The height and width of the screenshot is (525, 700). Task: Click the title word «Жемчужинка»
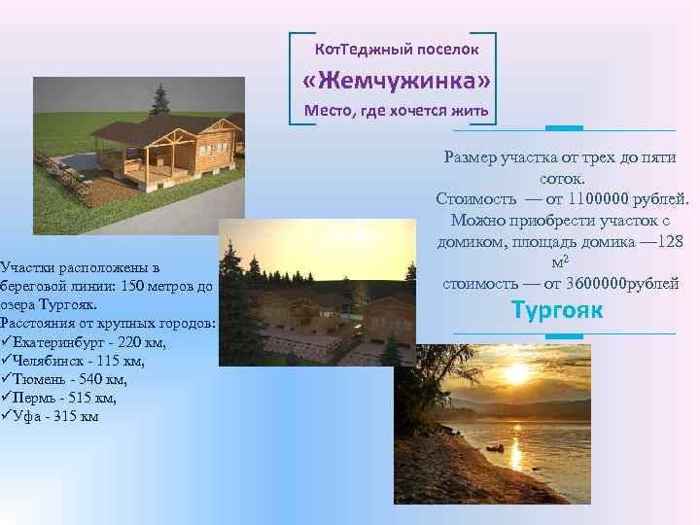pyautogui.click(x=396, y=78)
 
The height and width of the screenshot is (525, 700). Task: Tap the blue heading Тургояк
pyautogui.click(x=557, y=311)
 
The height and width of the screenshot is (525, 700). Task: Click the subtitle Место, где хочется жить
pyautogui.click(x=396, y=110)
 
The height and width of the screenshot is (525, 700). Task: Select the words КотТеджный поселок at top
pyautogui.click(x=396, y=48)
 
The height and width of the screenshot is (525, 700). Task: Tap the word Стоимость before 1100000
pyautogui.click(x=476, y=199)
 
